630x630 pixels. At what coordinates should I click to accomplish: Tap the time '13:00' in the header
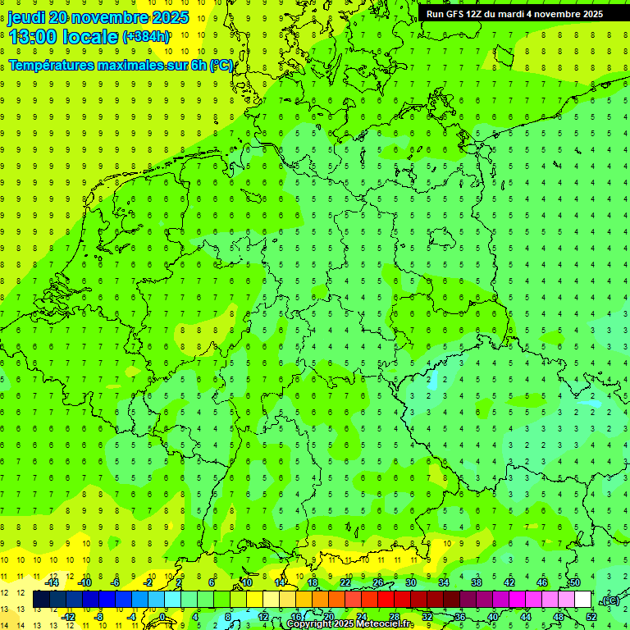pos(32,36)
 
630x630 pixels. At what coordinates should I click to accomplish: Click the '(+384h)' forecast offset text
pos(145,37)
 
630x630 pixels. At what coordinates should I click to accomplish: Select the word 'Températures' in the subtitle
pos(52,66)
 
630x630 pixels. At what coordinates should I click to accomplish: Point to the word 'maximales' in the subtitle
pos(133,66)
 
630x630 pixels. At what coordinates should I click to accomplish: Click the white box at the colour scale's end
pos(582,600)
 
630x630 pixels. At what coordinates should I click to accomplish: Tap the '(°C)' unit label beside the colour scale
pos(609,601)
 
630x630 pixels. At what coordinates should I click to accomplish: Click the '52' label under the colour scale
pos(591,617)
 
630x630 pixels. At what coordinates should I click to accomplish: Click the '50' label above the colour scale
pos(574,582)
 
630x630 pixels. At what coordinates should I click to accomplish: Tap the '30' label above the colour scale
pos(410,582)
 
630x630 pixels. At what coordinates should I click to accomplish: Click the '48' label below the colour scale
pos(558,617)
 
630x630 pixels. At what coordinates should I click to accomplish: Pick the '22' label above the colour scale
pos(345,582)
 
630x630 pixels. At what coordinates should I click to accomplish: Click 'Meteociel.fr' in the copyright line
pos(385,624)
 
